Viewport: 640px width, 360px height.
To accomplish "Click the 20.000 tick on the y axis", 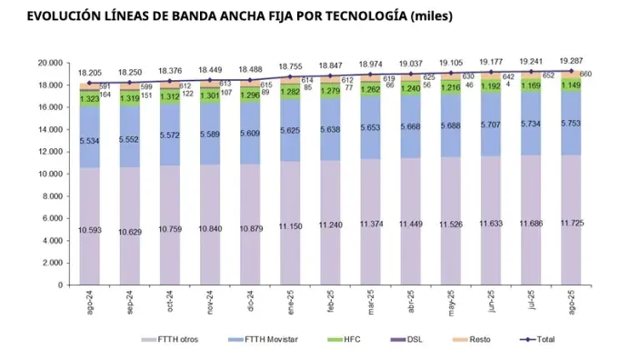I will click(48, 63).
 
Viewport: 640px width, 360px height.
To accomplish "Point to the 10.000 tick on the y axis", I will click(48, 174).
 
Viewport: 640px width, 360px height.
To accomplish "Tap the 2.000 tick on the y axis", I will click(51, 263).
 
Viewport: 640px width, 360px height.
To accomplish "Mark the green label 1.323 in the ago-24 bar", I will click(89, 98).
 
